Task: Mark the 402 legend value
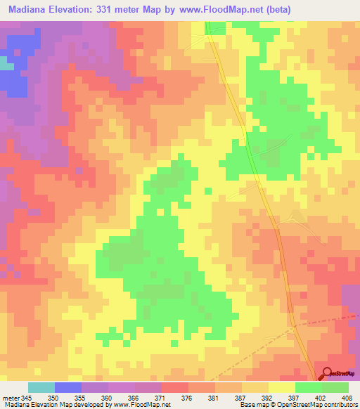[322, 397]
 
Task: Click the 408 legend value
[347, 397]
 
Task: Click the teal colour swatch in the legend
[41, 387]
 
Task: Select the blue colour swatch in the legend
[68, 387]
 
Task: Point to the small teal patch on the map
[6, 63]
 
